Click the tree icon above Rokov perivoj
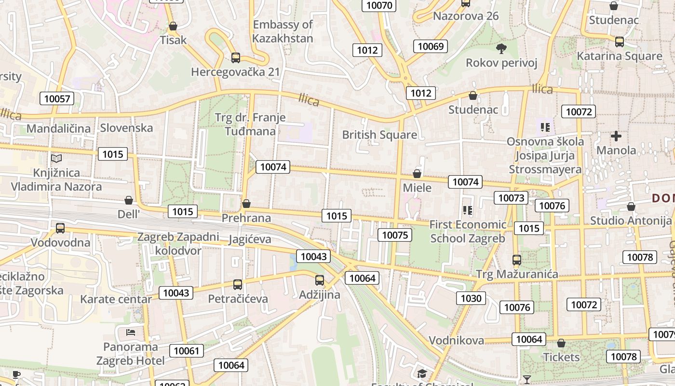tap(501, 48)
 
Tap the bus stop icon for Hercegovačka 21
tap(236, 58)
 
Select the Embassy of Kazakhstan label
tap(283, 31)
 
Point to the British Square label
tap(379, 135)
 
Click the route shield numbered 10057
tap(57, 99)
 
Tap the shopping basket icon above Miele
tap(417, 174)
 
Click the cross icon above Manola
tap(616, 136)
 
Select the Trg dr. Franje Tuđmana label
tap(250, 124)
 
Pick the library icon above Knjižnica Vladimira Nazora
tap(56, 158)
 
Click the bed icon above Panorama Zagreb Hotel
tap(130, 332)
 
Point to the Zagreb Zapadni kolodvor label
tap(178, 244)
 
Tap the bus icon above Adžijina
tap(320, 280)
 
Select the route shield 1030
tap(471, 298)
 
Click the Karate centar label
tap(116, 299)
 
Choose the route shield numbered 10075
tap(395, 235)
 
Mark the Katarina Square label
tap(620, 56)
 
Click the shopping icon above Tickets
tap(561, 343)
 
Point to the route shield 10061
tap(186, 351)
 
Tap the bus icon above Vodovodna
tap(60, 228)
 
